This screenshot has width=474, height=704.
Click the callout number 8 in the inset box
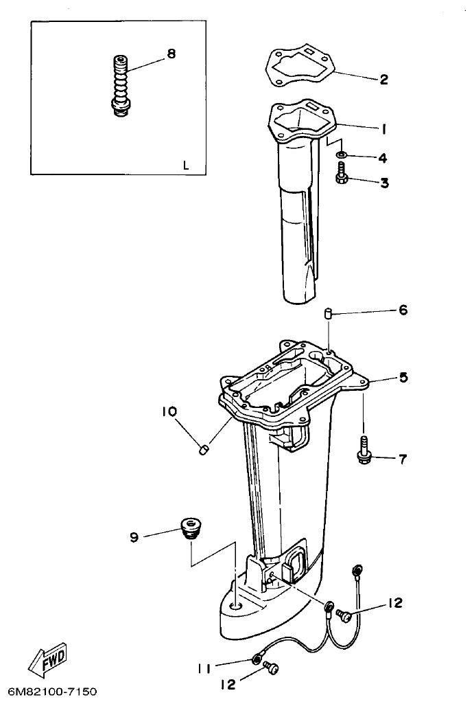click(x=171, y=54)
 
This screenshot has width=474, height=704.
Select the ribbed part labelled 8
click(x=120, y=86)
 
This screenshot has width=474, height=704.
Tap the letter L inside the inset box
click(x=185, y=165)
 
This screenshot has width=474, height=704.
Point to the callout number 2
click(x=383, y=80)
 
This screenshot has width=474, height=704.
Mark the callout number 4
click(x=383, y=158)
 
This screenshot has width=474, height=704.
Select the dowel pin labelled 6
click(x=329, y=315)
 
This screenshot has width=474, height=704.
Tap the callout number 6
click(x=403, y=310)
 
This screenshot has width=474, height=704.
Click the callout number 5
click(x=403, y=377)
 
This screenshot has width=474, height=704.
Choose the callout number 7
click(x=403, y=458)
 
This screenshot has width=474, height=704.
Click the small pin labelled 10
click(x=202, y=449)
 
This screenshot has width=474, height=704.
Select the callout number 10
click(x=169, y=411)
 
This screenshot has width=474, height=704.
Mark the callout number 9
click(x=134, y=536)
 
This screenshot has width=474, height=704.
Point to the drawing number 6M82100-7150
click(x=53, y=690)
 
